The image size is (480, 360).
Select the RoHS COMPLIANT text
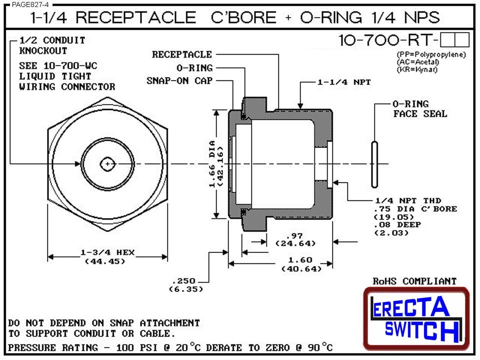click(x=414, y=281)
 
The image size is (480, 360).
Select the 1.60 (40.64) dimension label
click(x=300, y=264)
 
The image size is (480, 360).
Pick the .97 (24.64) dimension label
click(x=295, y=239)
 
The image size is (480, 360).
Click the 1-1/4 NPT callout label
click(x=344, y=82)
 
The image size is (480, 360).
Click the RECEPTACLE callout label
click(x=182, y=54)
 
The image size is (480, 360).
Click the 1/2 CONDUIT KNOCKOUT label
click(x=52, y=45)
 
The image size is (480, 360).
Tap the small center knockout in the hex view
click(x=107, y=163)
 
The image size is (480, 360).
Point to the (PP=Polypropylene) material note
click(x=431, y=54)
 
